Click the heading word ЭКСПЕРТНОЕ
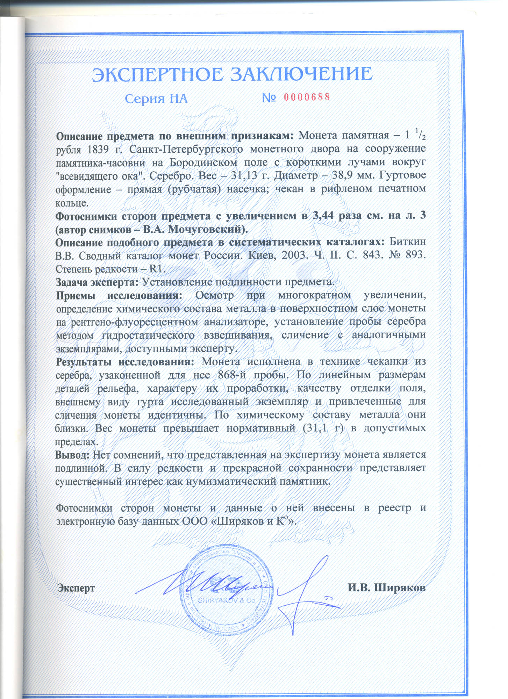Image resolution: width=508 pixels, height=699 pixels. click(158, 74)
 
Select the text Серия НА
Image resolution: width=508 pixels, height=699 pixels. click(156, 99)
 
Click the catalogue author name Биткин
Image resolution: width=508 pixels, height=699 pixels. click(407, 242)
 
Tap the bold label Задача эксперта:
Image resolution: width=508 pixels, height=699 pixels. click(97, 282)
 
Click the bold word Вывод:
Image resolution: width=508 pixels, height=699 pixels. click(73, 455)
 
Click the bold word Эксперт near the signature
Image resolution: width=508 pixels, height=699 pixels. click(76, 588)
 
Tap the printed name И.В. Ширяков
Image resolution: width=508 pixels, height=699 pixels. click(386, 588)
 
